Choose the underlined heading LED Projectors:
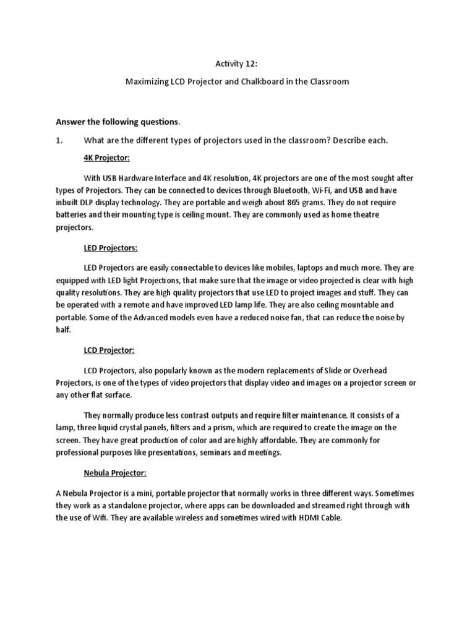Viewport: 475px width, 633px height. click(x=111, y=248)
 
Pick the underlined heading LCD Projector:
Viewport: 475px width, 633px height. click(x=109, y=350)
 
